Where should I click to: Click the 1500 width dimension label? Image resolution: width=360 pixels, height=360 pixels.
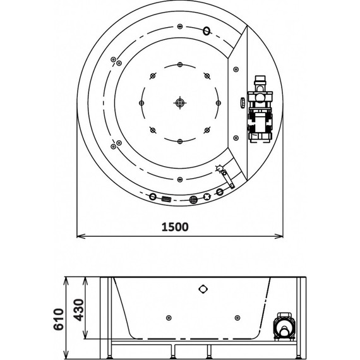[x=175, y=227]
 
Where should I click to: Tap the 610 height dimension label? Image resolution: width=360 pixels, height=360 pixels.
[x=59, y=320]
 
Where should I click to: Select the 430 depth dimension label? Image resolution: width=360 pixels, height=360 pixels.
[x=78, y=309]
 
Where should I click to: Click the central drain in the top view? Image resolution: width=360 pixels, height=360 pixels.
[x=180, y=102]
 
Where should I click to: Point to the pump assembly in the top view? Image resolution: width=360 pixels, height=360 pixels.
[x=260, y=109]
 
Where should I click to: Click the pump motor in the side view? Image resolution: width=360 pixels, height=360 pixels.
[x=284, y=327]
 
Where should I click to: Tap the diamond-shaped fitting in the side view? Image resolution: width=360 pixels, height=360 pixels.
[x=203, y=289]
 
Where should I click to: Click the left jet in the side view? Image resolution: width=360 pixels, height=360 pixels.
[x=169, y=318]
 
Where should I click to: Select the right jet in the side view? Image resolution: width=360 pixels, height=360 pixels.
[x=237, y=318]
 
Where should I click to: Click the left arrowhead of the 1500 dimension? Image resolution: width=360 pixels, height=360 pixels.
[x=81, y=236]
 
